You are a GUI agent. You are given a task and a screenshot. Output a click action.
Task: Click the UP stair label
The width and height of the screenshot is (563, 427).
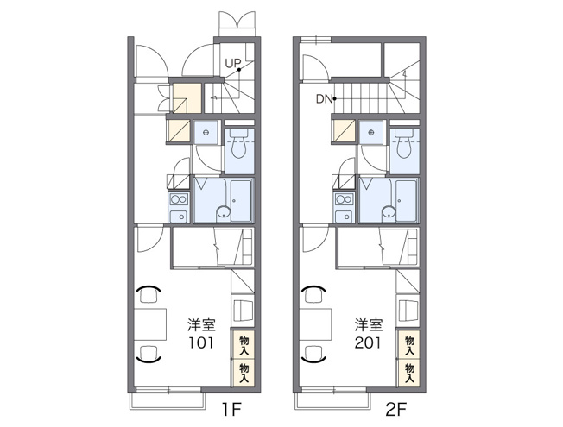point(232,64)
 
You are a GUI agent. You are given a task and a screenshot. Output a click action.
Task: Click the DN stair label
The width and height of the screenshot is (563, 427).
point(324,98)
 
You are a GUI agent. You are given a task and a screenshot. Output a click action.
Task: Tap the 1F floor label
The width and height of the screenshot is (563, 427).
point(231,409)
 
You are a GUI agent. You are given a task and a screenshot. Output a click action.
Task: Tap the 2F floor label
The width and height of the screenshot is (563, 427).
point(396,409)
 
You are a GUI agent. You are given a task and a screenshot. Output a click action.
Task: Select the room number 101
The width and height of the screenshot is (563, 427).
point(201,343)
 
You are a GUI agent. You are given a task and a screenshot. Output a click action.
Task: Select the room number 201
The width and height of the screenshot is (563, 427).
point(367,343)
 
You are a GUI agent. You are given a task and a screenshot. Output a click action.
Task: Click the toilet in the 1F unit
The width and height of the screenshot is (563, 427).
point(239,143)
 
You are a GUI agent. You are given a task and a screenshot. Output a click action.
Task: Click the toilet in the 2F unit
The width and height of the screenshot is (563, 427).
point(404,143)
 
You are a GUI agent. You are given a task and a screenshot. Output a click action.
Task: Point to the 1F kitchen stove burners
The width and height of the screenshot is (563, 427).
point(179,199)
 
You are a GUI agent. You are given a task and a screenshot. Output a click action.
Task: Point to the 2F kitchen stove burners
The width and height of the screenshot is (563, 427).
point(345,199)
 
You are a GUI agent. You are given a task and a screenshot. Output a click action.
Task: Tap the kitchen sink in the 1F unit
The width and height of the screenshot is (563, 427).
point(179,217)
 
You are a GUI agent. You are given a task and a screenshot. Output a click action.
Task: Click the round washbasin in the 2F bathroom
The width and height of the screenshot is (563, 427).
point(389,211)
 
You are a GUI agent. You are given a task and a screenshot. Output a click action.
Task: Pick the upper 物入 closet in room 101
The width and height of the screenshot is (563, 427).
point(244,344)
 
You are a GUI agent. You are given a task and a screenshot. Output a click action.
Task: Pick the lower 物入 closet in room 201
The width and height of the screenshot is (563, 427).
point(409,374)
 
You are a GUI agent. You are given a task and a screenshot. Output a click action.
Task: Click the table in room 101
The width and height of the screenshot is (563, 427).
point(150,324)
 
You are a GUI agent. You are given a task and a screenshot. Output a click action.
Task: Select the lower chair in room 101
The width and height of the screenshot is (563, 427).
point(149,355)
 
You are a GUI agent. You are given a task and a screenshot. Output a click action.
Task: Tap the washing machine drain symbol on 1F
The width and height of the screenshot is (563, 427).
point(206,132)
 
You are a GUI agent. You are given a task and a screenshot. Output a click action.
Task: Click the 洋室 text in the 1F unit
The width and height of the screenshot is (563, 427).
point(201,324)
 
